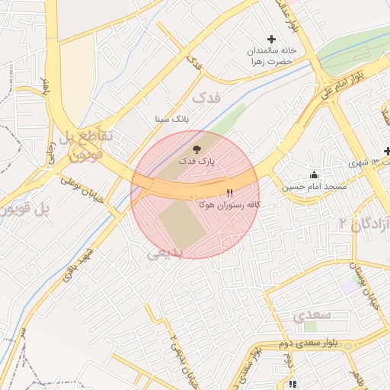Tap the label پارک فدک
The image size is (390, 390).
tap(197, 161)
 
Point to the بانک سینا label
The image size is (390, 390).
tap(171, 120)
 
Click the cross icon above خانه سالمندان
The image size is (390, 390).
tap(271, 39)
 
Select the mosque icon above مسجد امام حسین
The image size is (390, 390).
tap(315, 174)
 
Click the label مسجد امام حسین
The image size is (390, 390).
tap(315, 187)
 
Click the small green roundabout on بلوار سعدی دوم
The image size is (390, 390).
tap(348, 347)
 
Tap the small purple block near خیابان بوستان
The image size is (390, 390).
tap(348, 287)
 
